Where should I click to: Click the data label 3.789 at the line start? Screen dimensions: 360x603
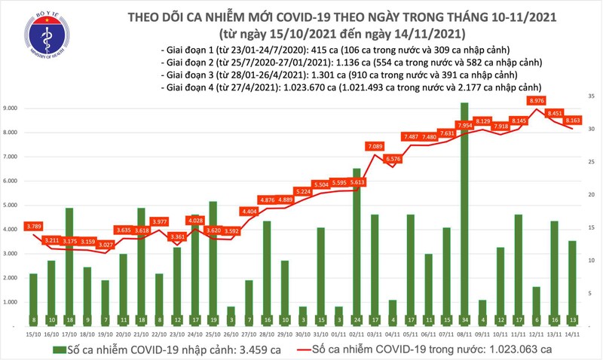(33, 225)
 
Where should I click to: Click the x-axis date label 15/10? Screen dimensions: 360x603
(33, 334)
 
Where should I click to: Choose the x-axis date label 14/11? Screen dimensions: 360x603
(573, 334)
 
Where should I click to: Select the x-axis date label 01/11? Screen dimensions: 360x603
(339, 334)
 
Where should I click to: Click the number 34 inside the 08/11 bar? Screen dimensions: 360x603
(464, 319)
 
